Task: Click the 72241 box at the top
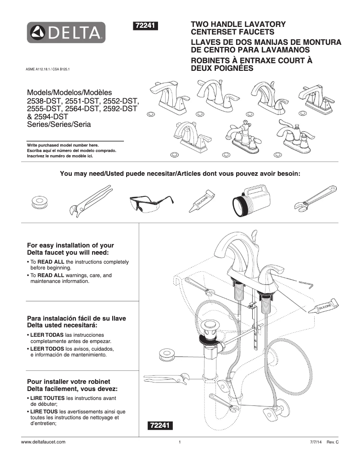145,26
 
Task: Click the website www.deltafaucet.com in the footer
44,442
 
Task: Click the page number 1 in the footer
180,442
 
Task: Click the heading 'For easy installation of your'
70,245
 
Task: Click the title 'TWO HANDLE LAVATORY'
238,24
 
